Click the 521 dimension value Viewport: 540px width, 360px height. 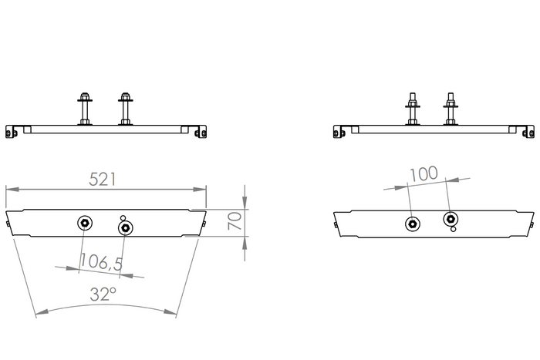[x=103, y=179]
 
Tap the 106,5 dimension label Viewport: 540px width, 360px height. [x=101, y=262]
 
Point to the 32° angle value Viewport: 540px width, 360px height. [x=103, y=294]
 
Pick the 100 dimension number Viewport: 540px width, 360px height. [x=424, y=174]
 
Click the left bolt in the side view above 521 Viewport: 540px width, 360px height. [x=84, y=109]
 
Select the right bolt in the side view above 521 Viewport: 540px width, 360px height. [x=125, y=109]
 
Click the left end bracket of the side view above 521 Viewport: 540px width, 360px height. [x=12, y=131]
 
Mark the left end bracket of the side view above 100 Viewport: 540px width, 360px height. [x=339, y=131]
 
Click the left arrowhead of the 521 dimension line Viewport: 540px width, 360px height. [x=9, y=187]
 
